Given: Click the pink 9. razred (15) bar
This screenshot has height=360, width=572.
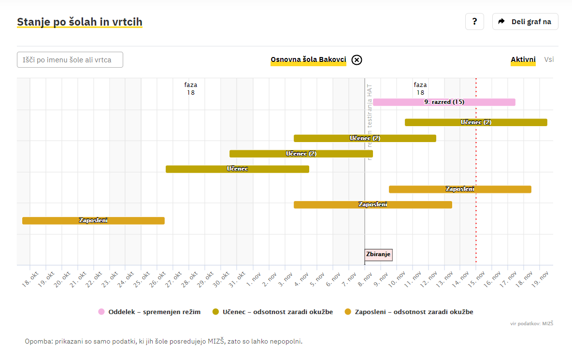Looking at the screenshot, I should click(x=444, y=102).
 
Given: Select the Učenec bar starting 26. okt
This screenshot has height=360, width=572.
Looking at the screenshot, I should click(x=237, y=169).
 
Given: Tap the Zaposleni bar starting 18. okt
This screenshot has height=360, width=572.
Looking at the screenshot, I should click(x=93, y=221).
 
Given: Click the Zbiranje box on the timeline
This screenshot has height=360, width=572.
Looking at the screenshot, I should click(x=378, y=255).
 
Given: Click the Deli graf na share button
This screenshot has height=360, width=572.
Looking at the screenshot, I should click(x=525, y=22).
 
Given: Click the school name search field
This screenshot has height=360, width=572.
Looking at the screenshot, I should click(x=70, y=60).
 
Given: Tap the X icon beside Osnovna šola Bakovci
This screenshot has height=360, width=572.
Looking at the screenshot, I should click(x=357, y=60).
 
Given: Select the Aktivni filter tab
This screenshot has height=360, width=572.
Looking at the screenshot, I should click(x=523, y=60).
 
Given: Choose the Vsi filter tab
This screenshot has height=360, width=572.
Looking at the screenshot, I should click(x=549, y=60).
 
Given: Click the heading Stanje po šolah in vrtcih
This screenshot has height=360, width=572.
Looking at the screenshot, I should click(x=80, y=22).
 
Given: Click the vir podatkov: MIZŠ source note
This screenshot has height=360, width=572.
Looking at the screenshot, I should click(x=531, y=323).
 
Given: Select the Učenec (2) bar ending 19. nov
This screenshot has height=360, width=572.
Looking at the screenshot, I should click(x=476, y=122).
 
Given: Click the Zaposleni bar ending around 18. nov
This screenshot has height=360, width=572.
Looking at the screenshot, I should click(x=460, y=189).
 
